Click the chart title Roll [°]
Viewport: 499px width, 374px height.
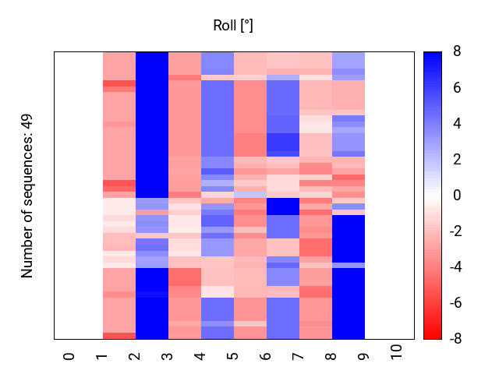[x=233, y=26]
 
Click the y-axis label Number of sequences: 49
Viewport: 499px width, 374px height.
[x=27, y=196]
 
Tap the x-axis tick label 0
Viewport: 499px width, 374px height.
[x=69, y=356]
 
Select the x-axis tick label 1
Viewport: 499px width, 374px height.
[x=102, y=356]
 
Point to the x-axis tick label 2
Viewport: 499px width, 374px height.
[x=135, y=356]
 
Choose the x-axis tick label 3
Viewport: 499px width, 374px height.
[x=168, y=356]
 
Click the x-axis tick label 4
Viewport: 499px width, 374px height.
[x=200, y=356]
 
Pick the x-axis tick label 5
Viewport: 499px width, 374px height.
[x=233, y=356]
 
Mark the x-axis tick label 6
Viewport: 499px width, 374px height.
[x=266, y=356]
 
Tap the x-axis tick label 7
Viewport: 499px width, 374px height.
[x=299, y=356]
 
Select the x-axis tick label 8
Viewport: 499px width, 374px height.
[x=331, y=356]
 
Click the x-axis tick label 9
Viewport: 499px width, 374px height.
[x=364, y=356]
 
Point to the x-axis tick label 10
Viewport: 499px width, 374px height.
[x=397, y=352]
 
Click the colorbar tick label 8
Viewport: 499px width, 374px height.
[x=457, y=52]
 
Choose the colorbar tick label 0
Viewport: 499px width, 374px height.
[x=457, y=196]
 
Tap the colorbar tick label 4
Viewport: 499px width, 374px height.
[x=457, y=124]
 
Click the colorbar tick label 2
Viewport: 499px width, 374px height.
[x=457, y=160]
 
